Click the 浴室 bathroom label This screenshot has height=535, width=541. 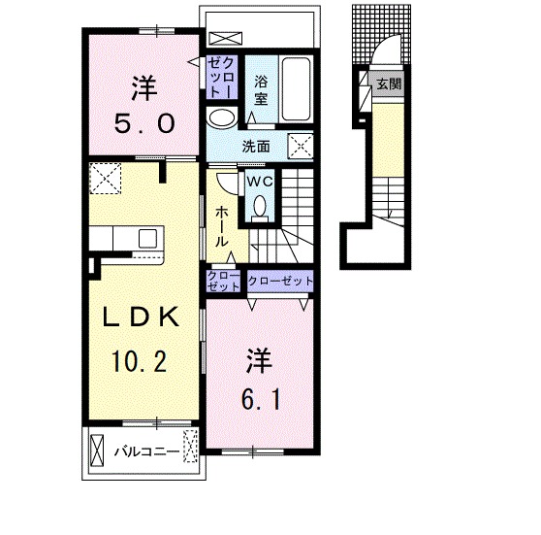261,90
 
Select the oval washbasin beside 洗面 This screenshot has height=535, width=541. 221,118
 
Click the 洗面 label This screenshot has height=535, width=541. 255,148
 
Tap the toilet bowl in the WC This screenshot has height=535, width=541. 259,205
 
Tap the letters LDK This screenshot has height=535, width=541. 141,318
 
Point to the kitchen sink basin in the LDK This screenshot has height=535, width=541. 147,240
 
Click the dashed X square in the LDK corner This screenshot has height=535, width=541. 104,178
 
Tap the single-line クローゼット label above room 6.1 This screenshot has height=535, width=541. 281,281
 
